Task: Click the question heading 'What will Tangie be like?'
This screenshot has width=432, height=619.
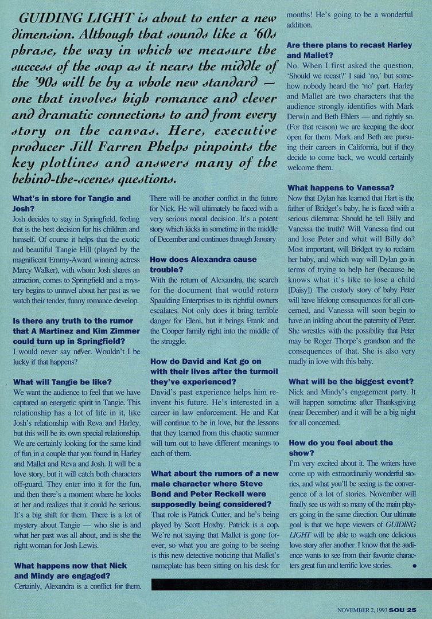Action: point(62,382)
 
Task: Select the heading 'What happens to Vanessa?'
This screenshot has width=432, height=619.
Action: point(341,187)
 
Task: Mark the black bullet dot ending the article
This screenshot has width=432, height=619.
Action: point(414,566)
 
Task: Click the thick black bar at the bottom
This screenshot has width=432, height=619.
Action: point(291,584)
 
